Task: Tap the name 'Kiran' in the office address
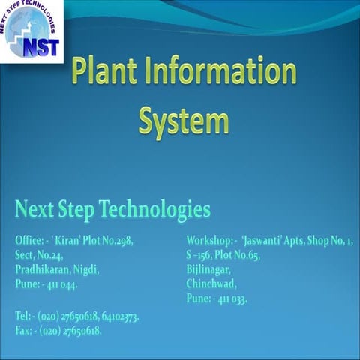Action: pyautogui.click(x=69, y=241)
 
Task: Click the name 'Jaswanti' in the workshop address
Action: pyautogui.click(x=262, y=241)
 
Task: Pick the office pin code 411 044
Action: pyautogui.click(x=62, y=284)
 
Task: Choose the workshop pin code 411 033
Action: pyautogui.click(x=232, y=298)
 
